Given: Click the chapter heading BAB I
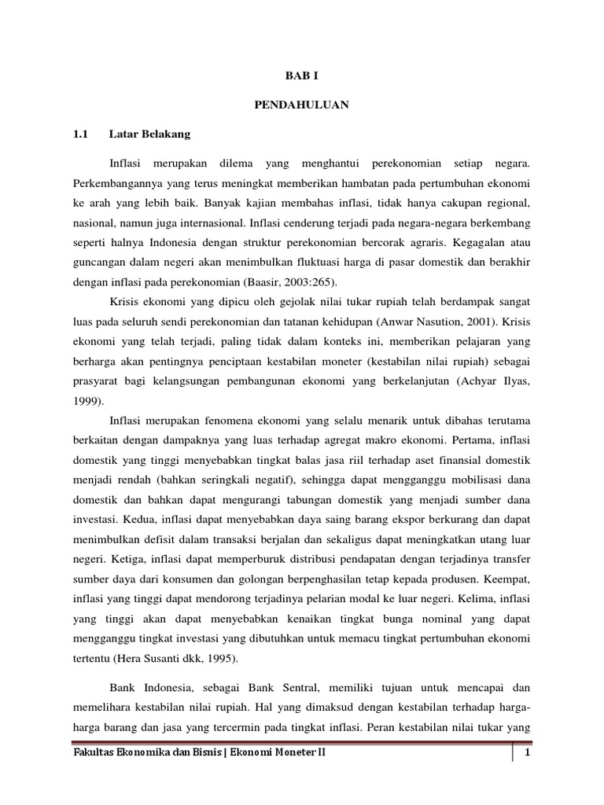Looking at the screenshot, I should pos(302,76).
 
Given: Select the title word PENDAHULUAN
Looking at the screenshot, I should pos(302,105).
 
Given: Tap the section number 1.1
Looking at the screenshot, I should pos(82,134).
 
